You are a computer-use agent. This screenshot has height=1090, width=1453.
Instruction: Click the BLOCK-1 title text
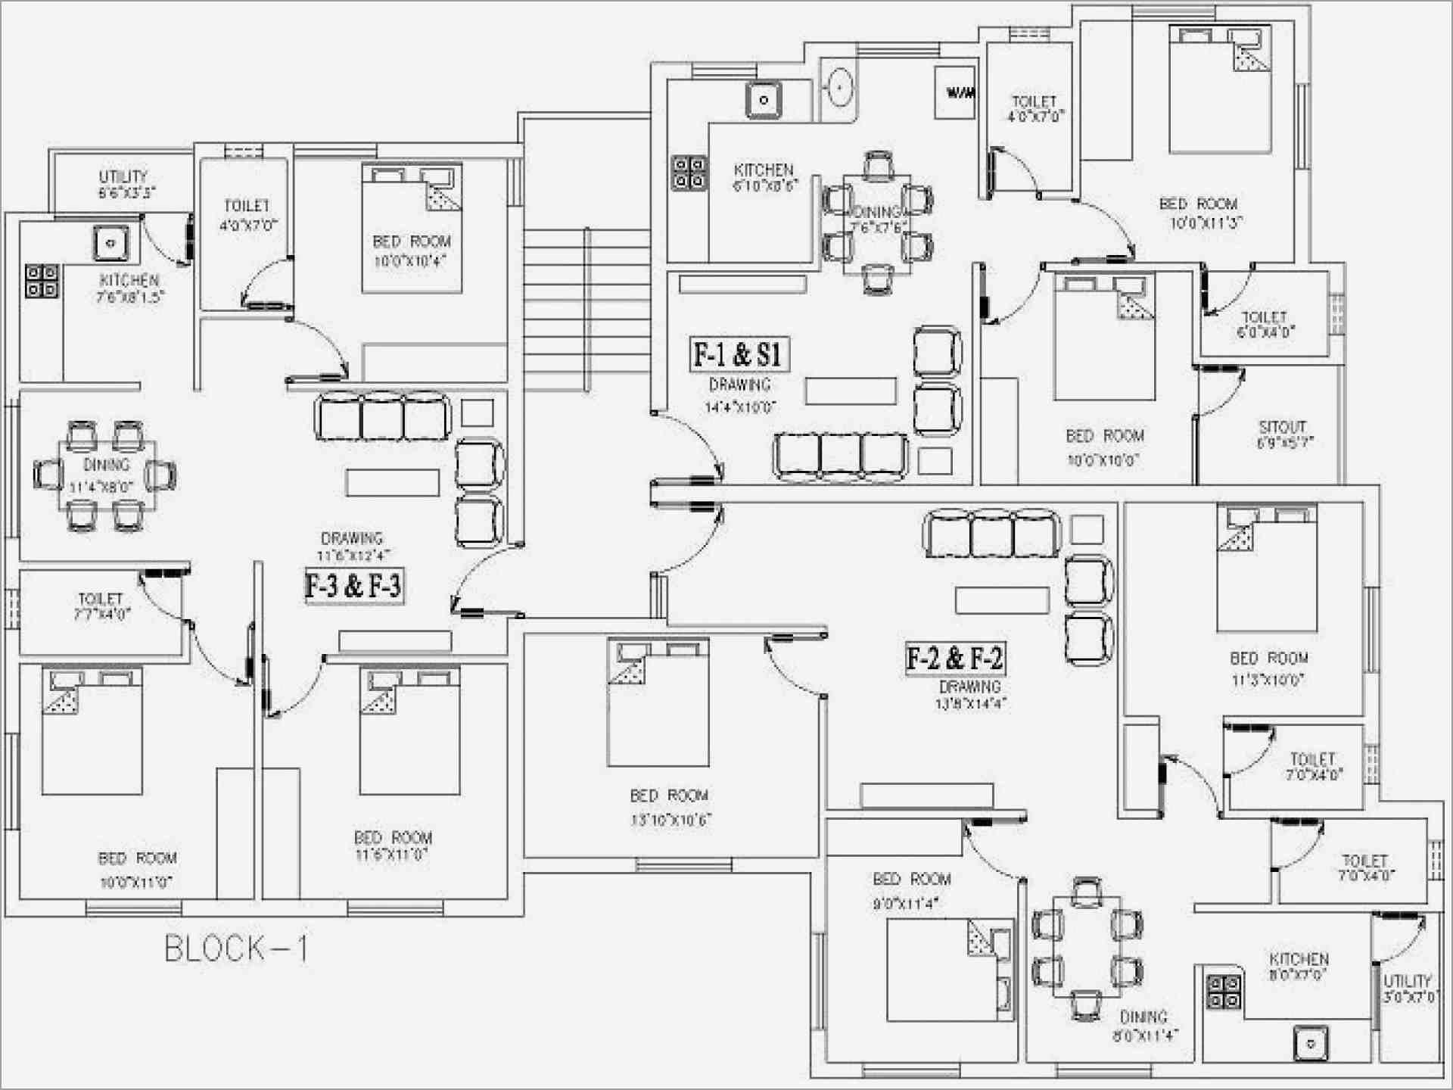236,948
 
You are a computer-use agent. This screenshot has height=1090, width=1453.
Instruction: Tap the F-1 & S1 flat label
739,354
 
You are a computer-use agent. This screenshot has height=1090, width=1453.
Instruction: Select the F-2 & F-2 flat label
955,658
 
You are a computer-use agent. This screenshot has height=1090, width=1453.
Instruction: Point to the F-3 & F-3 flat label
353,586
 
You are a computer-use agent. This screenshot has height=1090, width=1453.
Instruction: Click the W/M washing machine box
955,93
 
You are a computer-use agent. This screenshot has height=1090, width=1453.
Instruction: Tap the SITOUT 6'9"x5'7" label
1283,434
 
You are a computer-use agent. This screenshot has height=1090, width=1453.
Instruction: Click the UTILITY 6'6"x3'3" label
124,184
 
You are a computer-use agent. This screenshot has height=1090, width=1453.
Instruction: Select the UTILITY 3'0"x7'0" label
1408,989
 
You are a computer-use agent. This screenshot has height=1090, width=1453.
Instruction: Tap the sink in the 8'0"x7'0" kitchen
1311,1045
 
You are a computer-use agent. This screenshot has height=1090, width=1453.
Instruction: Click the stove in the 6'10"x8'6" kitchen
689,173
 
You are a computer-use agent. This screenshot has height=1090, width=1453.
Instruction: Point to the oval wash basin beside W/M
839,89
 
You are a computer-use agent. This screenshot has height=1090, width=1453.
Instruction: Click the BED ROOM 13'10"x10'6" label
670,807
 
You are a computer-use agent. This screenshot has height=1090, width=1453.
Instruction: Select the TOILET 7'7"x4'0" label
101,606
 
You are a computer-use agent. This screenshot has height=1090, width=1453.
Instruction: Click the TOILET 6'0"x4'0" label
1265,324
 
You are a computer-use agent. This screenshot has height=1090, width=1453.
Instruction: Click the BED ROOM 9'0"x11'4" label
911,890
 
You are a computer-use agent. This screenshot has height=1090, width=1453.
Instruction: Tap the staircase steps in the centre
556,310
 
